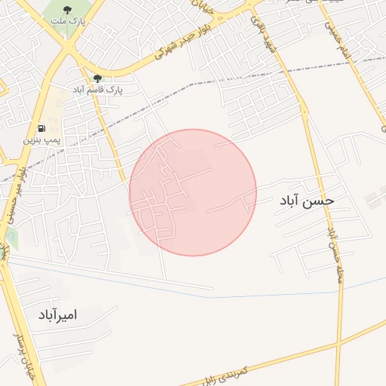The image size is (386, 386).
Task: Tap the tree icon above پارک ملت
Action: (x=69, y=10)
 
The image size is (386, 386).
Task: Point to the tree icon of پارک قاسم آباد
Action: (x=97, y=78)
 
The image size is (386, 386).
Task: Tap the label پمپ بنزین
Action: (x=41, y=140)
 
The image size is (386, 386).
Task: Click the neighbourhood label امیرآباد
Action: (x=57, y=314)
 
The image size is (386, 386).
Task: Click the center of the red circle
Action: (x=193, y=192)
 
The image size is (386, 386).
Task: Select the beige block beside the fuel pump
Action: (x=57, y=102)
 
